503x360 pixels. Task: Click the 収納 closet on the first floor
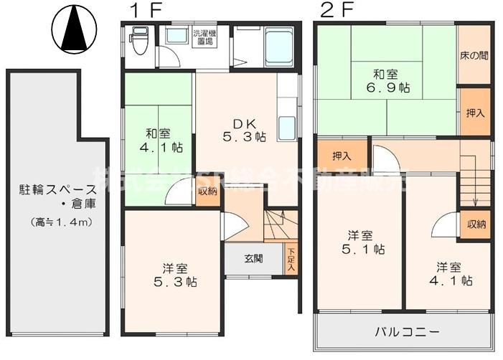coord(207,191)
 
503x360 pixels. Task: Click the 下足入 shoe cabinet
coord(291,259)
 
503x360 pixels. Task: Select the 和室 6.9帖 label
coord(380,80)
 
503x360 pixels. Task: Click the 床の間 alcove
coord(474,55)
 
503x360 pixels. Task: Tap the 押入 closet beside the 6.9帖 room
coord(474,112)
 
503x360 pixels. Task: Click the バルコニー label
coord(407,332)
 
